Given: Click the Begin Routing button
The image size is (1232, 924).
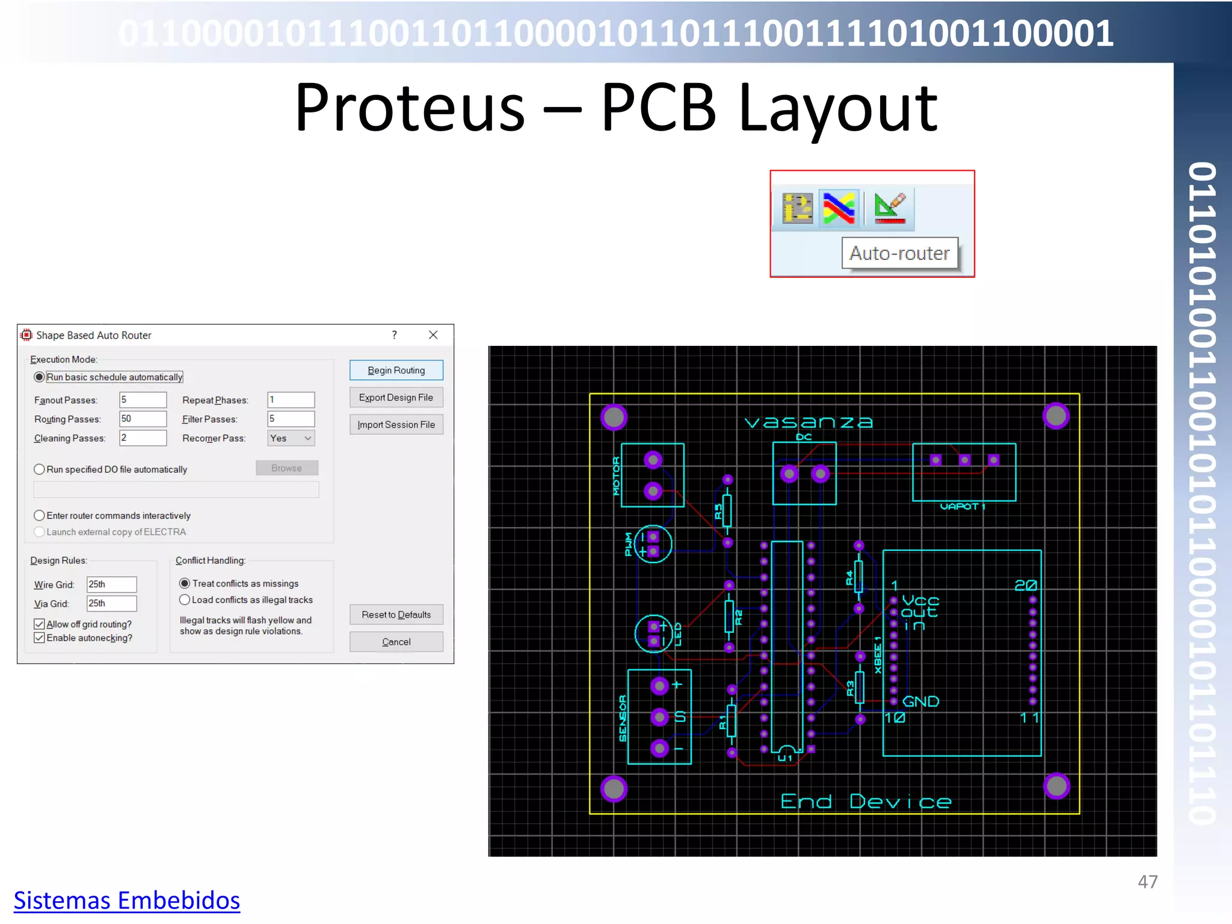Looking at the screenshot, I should (396, 370).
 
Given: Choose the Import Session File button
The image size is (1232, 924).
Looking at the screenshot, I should (396, 425).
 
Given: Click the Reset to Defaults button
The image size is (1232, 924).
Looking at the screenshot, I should (396, 615).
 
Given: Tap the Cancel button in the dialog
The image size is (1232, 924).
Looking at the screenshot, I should (396, 642).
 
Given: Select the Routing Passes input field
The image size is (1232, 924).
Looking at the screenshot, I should (143, 419).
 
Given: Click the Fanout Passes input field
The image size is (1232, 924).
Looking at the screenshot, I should (143, 400).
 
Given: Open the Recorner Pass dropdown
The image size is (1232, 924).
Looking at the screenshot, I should (291, 438).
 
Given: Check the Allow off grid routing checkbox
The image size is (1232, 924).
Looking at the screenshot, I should (40, 624).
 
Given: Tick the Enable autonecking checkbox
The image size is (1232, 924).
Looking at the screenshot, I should (40, 638).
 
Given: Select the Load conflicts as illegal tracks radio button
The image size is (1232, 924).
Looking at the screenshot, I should (185, 600).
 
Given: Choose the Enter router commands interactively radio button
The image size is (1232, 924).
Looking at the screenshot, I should (40, 516).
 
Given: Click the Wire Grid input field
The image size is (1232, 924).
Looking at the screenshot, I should (111, 584).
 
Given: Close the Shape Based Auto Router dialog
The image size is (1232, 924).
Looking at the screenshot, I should (433, 335).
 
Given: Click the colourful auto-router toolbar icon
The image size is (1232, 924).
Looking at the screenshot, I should (839, 208).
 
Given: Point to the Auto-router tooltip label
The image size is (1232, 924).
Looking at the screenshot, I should (899, 253).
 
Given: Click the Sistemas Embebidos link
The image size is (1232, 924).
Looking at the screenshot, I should (127, 901).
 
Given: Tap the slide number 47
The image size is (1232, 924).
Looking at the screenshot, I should (1147, 882).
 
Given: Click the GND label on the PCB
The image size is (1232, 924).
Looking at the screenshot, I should (920, 701).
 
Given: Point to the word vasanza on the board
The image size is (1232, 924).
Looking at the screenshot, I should (808, 422).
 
